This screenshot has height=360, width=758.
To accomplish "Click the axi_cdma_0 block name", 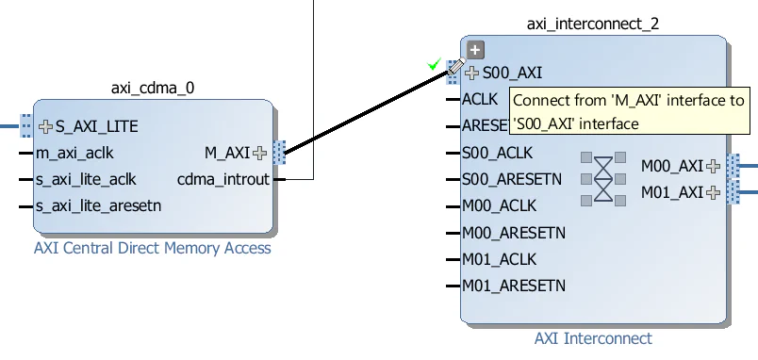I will [x=153, y=89].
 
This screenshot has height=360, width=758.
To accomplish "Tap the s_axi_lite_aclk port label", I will [x=85, y=179].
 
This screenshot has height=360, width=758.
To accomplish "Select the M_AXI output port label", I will [x=227, y=152].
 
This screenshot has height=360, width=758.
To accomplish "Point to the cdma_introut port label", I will [x=222, y=179].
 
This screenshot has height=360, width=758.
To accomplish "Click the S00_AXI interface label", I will [x=512, y=73].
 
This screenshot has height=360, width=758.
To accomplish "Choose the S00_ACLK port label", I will [x=497, y=153].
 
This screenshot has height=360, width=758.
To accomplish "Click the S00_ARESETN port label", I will [x=512, y=179].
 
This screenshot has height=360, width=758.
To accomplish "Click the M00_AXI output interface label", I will [x=672, y=166].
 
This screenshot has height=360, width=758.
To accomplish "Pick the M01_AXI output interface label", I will [x=672, y=192].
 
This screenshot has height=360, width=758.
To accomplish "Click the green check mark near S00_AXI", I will [x=434, y=64].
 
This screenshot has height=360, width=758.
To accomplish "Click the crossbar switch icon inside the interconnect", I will [x=602, y=177].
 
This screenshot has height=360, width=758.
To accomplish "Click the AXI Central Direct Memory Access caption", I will [x=153, y=249].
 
